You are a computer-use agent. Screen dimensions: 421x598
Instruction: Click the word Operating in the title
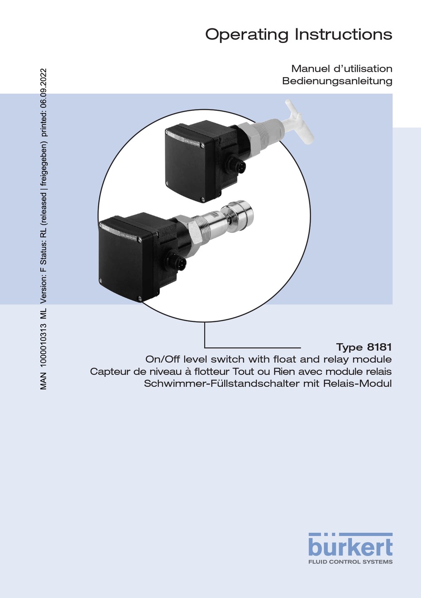point(247,35)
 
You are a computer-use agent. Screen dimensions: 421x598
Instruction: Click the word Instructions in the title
point(344,34)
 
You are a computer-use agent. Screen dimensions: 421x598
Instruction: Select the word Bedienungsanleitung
point(337,81)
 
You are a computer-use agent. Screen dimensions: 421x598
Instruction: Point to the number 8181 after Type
point(379,347)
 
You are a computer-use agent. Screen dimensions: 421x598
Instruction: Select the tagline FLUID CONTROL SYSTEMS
point(351,562)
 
